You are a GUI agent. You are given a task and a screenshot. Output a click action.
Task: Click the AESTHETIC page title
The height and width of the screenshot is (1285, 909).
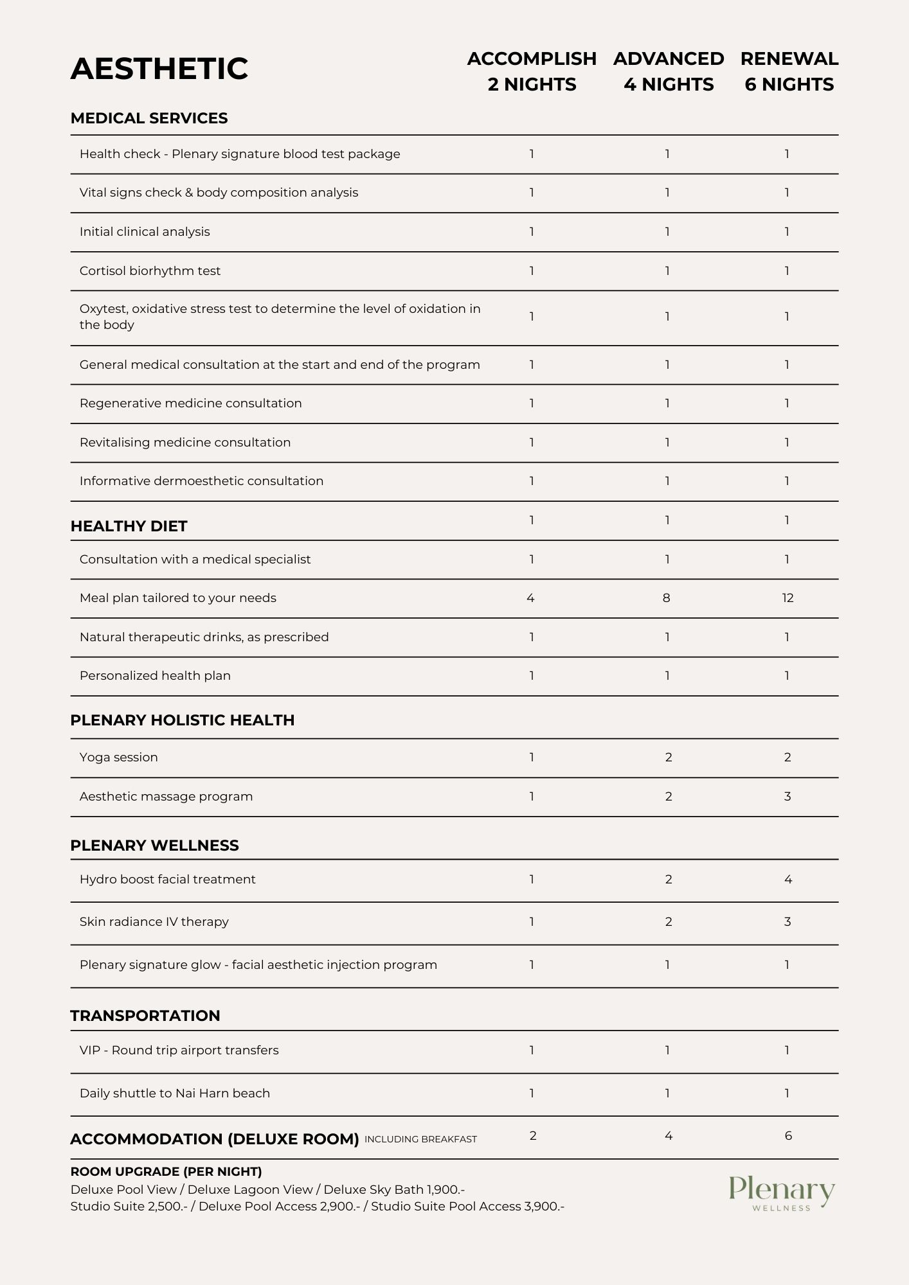click(159, 69)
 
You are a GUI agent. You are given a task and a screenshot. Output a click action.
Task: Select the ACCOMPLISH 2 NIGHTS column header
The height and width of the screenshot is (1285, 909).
click(532, 71)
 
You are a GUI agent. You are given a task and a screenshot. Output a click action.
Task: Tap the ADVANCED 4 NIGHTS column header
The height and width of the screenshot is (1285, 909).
click(669, 71)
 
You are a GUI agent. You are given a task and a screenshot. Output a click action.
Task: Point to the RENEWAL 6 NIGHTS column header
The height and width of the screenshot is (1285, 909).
click(789, 71)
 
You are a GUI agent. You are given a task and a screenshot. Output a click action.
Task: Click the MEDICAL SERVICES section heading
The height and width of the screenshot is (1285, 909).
click(149, 118)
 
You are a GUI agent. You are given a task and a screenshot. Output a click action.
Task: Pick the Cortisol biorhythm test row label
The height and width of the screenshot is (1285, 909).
click(150, 271)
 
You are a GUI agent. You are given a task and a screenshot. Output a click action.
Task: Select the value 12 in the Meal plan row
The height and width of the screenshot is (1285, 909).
click(788, 598)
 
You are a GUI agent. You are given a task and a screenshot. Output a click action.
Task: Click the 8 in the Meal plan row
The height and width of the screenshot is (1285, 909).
click(667, 598)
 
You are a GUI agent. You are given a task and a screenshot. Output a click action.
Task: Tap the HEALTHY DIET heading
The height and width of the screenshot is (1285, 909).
click(129, 526)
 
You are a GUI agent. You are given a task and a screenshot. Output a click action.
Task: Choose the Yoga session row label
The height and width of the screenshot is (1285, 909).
click(119, 758)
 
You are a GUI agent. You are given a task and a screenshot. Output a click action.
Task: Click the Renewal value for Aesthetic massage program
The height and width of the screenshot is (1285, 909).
click(788, 797)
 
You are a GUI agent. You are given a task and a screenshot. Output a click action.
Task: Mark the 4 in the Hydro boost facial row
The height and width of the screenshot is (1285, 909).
click(788, 880)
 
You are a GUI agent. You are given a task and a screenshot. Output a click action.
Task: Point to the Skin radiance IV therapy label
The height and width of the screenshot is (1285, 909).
click(154, 922)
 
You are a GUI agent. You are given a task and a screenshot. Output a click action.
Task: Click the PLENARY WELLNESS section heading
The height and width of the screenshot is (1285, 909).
click(154, 846)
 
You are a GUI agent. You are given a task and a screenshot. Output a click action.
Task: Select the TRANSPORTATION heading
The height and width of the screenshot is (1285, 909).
click(145, 1016)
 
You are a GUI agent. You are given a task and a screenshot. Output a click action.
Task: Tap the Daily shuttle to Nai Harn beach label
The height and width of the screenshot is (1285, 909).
click(175, 1094)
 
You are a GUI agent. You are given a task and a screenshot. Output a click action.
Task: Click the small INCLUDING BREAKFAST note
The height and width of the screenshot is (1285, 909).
click(420, 1139)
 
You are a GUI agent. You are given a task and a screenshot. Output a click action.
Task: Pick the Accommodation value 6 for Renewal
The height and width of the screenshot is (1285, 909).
click(788, 1136)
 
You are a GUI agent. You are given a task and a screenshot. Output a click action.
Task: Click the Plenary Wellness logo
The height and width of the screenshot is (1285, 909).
click(782, 1194)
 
